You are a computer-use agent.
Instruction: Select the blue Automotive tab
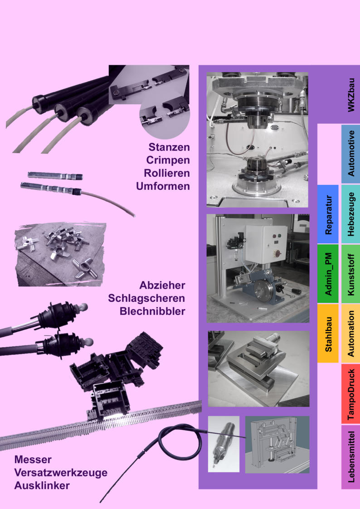(x=350, y=154)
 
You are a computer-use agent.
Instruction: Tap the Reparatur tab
(x=328, y=214)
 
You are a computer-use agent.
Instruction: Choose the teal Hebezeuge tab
(x=350, y=214)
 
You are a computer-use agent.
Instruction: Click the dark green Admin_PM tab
(x=328, y=274)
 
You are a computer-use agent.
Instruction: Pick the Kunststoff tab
(x=350, y=274)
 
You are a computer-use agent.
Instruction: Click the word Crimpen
(x=168, y=160)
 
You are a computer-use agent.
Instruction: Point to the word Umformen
(x=163, y=186)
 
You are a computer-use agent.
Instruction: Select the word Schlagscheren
(x=146, y=298)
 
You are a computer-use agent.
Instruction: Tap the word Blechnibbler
(x=152, y=311)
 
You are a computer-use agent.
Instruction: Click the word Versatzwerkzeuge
(x=61, y=473)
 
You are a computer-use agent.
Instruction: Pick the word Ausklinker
(x=42, y=485)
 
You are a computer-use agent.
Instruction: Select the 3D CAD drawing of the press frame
(x=277, y=444)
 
